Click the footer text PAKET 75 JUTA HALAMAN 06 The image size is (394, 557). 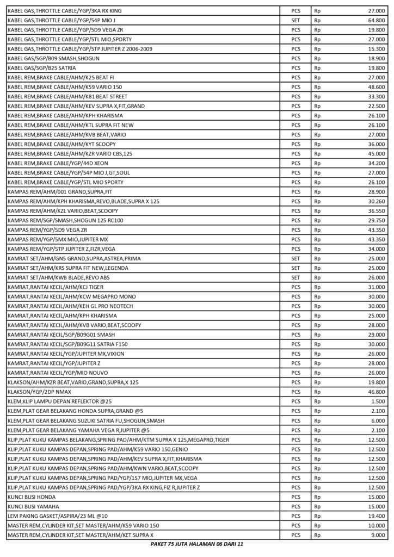pyautogui.click(x=196, y=544)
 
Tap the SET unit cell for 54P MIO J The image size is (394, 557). pyautogui.click(x=296, y=20)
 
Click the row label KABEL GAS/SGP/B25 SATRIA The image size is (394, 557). pyautogui.click(x=42, y=68)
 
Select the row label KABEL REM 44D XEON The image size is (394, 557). pyautogui.click(x=56, y=163)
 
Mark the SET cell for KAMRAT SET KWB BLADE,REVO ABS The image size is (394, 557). pyautogui.click(x=296, y=277)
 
